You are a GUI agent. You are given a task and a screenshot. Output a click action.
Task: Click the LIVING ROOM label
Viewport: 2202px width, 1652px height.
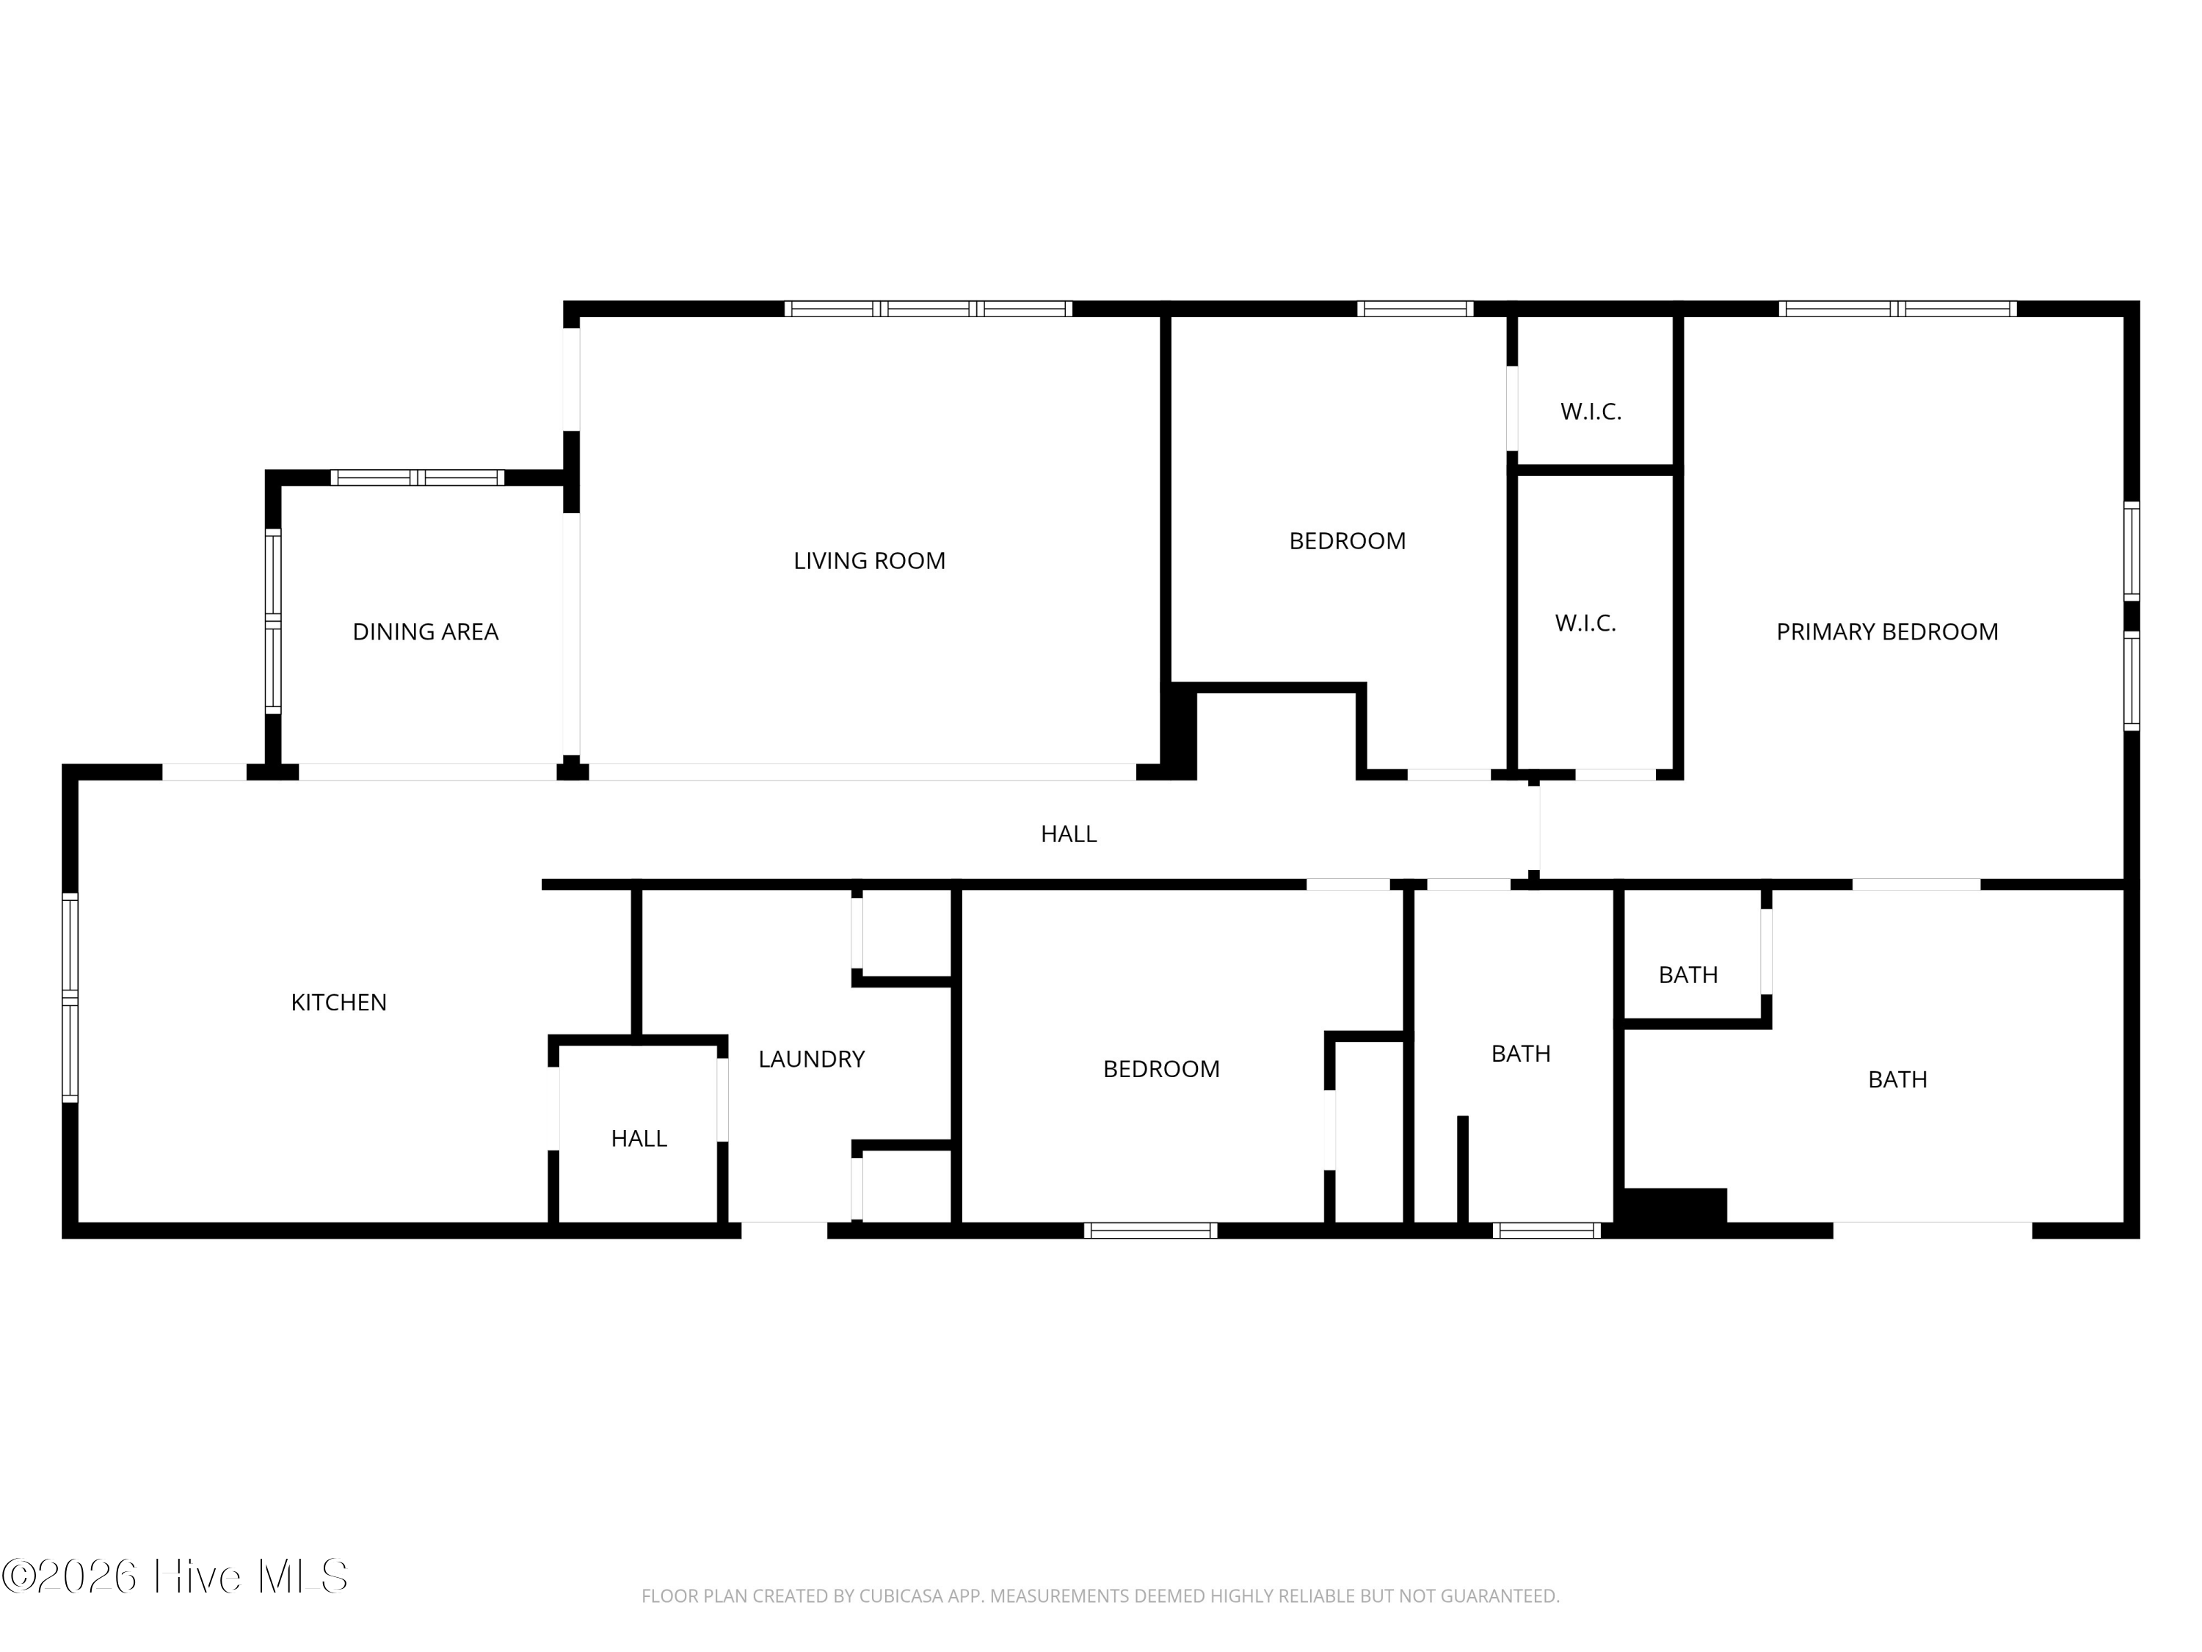pyautogui.click(x=869, y=561)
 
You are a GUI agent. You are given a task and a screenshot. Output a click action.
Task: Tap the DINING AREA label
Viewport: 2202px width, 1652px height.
pyautogui.click(x=425, y=631)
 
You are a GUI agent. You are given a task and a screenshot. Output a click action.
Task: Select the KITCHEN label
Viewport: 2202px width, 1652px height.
pyautogui.click(x=338, y=1001)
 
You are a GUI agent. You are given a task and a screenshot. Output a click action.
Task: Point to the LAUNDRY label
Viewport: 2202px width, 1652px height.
pyautogui.click(x=811, y=1059)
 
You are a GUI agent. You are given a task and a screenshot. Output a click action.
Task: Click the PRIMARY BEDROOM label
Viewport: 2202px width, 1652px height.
pyautogui.click(x=1886, y=631)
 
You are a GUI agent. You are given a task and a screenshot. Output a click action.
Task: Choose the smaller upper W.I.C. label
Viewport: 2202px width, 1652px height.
pyautogui.click(x=1591, y=411)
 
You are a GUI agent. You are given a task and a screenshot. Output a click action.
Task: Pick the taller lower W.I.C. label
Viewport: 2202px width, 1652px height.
pyautogui.click(x=1585, y=623)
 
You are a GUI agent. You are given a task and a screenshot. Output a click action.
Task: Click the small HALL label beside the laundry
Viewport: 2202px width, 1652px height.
pyautogui.click(x=638, y=1138)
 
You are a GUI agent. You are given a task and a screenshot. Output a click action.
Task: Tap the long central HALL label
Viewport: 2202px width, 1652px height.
pyautogui.click(x=1068, y=833)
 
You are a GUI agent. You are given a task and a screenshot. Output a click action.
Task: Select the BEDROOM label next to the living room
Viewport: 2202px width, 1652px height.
pyautogui.click(x=1347, y=540)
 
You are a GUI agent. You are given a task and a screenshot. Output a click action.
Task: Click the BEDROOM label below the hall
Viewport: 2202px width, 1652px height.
pyautogui.click(x=1160, y=1068)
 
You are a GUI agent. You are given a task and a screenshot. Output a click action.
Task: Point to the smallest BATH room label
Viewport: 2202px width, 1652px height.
pyautogui.click(x=1687, y=975)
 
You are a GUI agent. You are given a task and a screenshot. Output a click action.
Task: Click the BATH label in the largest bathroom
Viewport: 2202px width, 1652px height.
pyautogui.click(x=1897, y=1079)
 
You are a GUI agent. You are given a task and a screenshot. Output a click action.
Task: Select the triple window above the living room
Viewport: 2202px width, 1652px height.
pyautogui.click(x=928, y=308)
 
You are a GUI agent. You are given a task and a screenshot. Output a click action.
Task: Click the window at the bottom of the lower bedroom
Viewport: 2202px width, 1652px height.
pyautogui.click(x=1149, y=1231)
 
